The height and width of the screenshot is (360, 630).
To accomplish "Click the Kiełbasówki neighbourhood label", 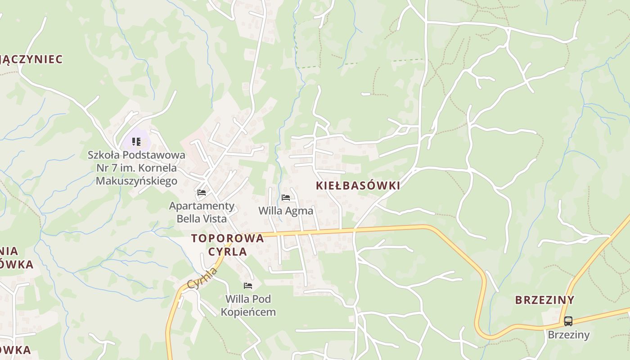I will pyautogui.click(x=358, y=186).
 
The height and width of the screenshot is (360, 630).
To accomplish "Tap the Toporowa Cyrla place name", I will pyautogui.click(x=227, y=245).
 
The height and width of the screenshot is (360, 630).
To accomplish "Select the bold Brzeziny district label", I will pyautogui.click(x=544, y=300).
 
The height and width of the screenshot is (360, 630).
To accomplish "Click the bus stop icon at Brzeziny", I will pyautogui.click(x=568, y=321).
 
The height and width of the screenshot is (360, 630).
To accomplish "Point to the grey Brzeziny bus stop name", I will pyautogui.click(x=568, y=335).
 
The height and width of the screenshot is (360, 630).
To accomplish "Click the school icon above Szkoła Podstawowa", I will pyautogui.click(x=136, y=142).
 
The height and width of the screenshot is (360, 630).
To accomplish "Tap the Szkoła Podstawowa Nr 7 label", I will pyautogui.click(x=136, y=168).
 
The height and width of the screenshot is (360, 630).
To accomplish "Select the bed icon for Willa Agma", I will pyautogui.click(x=286, y=198).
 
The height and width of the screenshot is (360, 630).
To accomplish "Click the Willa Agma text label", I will pyautogui.click(x=286, y=211).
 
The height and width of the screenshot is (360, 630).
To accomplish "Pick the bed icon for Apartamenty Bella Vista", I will pyautogui.click(x=202, y=193).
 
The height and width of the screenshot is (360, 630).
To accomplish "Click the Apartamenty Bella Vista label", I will pyautogui.click(x=202, y=212).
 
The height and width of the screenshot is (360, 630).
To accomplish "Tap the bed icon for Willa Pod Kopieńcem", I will pyautogui.click(x=248, y=286).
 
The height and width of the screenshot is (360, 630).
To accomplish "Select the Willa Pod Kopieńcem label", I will pyautogui.click(x=248, y=305).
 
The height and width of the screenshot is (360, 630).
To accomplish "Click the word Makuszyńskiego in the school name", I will pyautogui.click(x=136, y=181).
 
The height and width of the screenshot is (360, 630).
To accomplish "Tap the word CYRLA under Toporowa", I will pyautogui.click(x=227, y=252).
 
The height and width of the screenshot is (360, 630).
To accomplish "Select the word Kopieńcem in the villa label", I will pyautogui.click(x=248, y=311).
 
